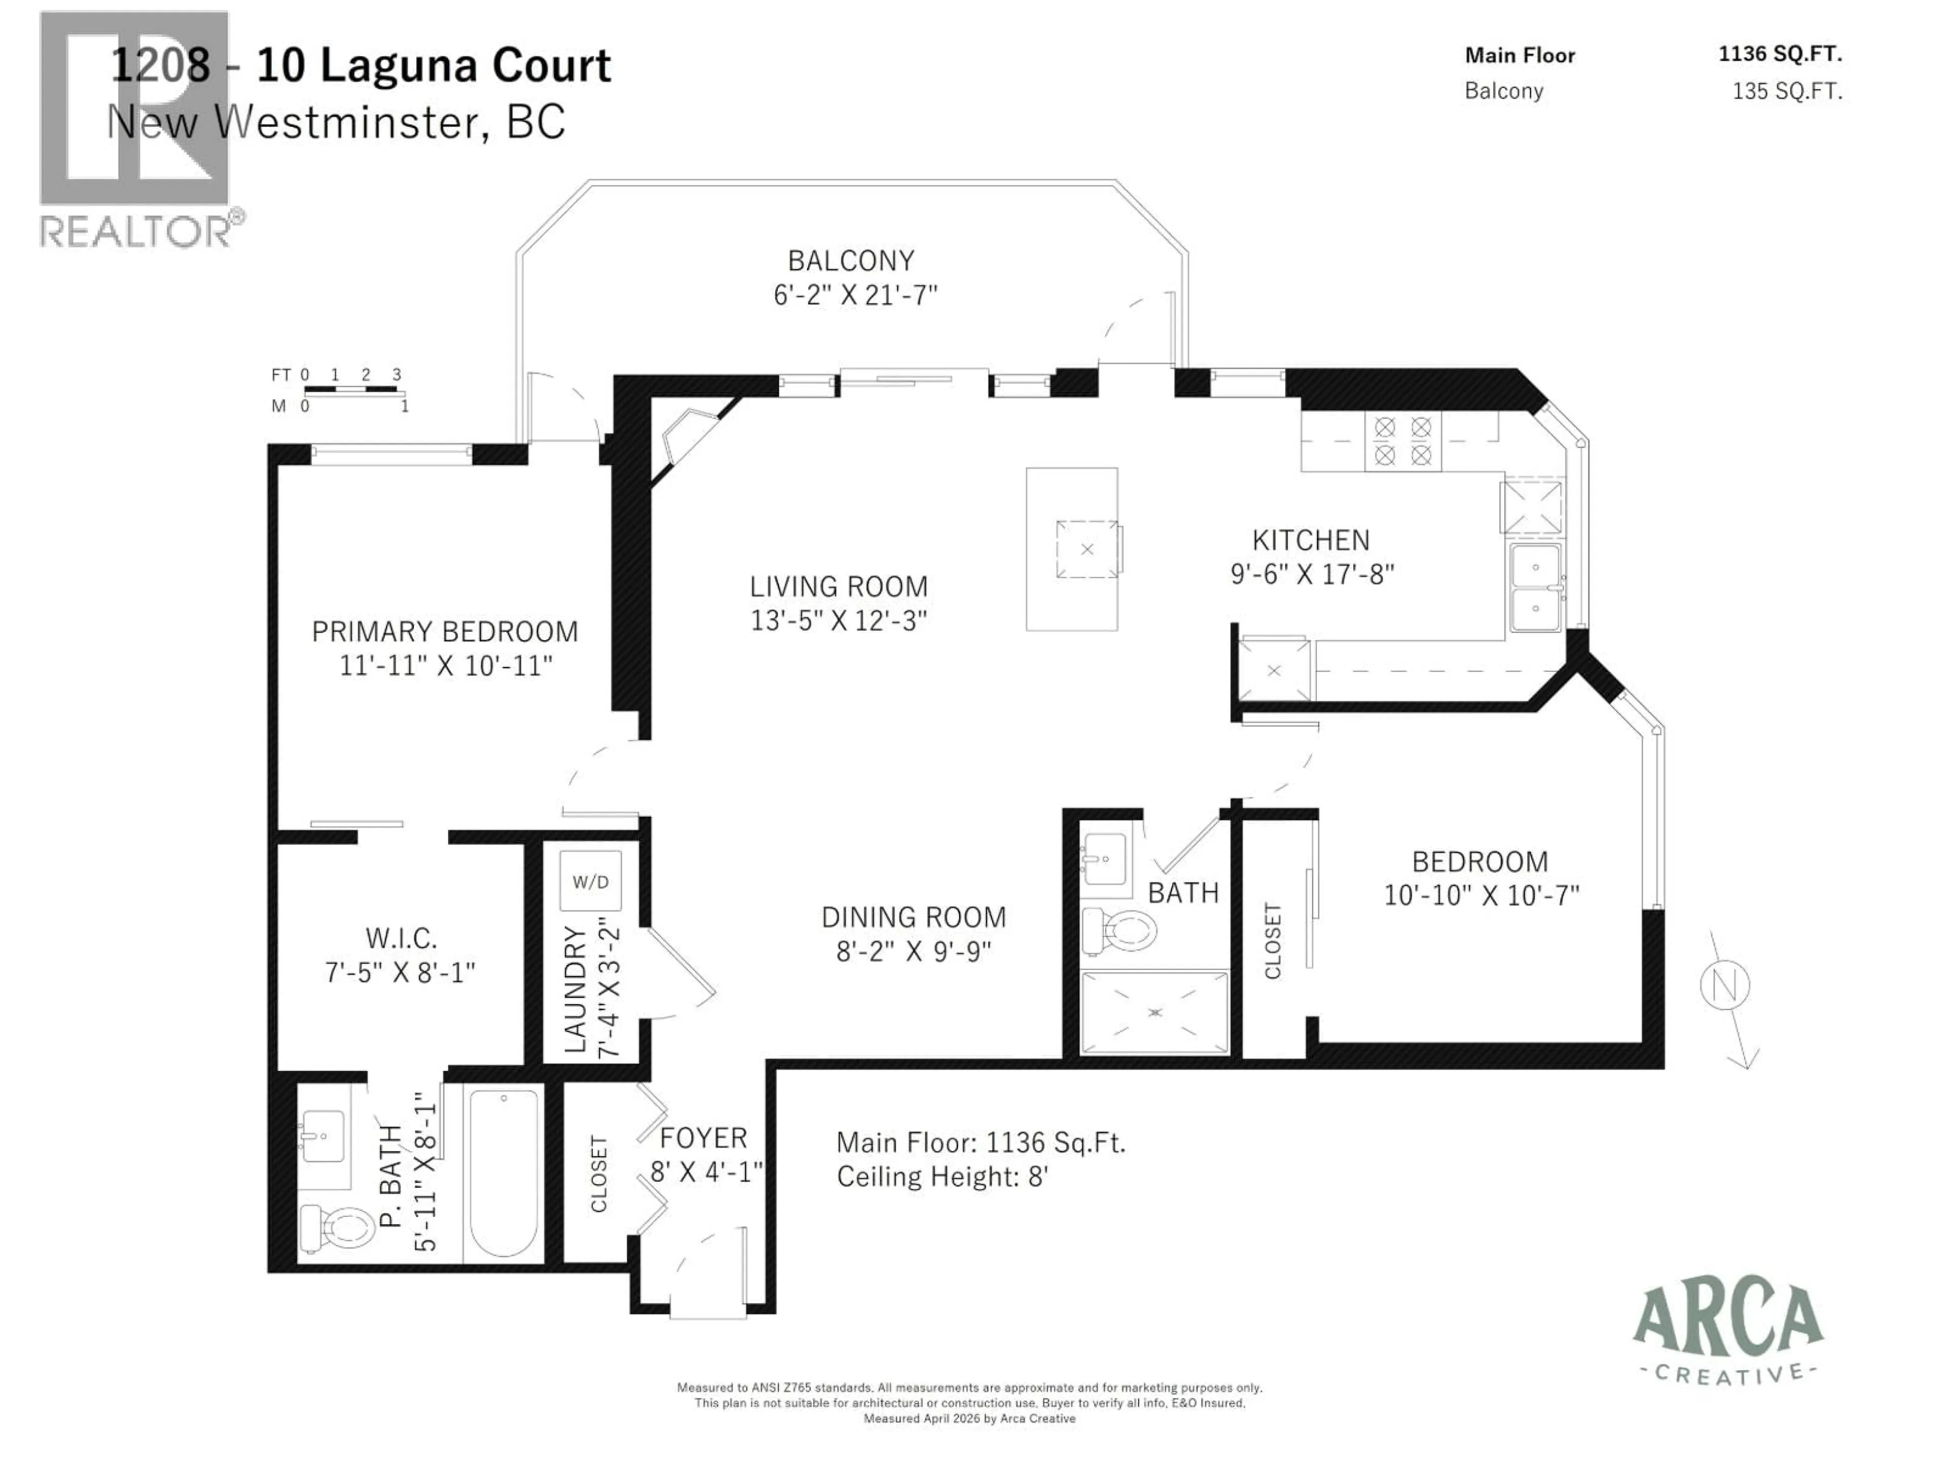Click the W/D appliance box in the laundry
pos(591,881)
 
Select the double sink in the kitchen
pos(1535,587)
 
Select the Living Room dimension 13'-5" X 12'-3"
pos(838,620)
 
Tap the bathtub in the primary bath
pos(503,1173)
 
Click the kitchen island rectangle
pos(1071,549)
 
